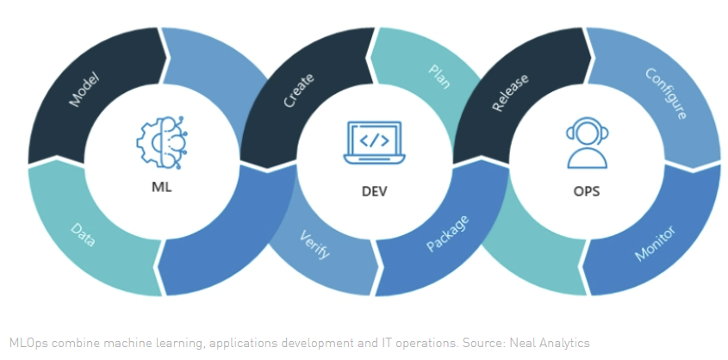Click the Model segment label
(x=84, y=90)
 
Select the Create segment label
(x=299, y=90)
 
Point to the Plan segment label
(x=439, y=77)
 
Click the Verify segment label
(x=314, y=246)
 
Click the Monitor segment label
(x=655, y=243)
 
